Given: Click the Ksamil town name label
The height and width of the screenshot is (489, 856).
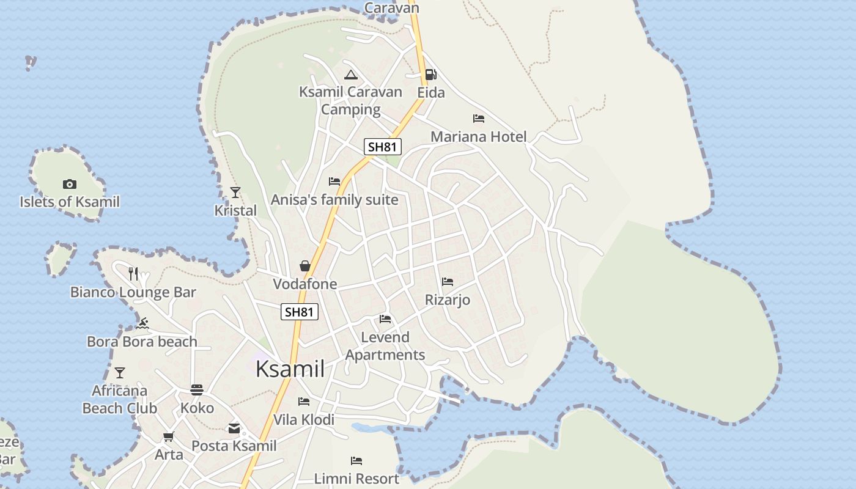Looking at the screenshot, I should pyautogui.click(x=290, y=369).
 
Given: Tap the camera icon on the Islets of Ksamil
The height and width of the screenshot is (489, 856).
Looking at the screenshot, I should pyautogui.click(x=70, y=184).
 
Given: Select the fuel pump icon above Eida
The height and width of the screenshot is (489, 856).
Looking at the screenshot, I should pyautogui.click(x=431, y=75).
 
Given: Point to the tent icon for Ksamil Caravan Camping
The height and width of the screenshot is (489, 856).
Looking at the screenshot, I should pyautogui.click(x=350, y=75).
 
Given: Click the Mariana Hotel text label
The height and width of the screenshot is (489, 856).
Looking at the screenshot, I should pyautogui.click(x=478, y=136).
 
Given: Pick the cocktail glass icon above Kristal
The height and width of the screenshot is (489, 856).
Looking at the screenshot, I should pyautogui.click(x=235, y=193).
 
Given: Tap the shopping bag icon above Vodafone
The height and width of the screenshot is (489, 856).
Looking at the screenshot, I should pyautogui.click(x=304, y=266).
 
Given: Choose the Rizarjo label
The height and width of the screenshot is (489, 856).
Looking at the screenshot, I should pyautogui.click(x=448, y=300).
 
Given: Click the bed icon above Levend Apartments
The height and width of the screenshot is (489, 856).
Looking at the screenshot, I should pyautogui.click(x=385, y=319).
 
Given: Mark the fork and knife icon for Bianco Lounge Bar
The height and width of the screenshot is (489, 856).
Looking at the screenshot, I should pyautogui.click(x=133, y=274).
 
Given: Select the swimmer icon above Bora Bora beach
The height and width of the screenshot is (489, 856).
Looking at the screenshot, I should pyautogui.click(x=142, y=323).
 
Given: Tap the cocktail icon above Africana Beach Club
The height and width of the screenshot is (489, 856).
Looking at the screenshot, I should pyautogui.click(x=120, y=372).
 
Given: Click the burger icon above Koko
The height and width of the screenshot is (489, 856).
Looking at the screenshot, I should pyautogui.click(x=197, y=389).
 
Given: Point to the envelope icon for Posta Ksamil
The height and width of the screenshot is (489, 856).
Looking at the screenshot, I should pyautogui.click(x=234, y=428).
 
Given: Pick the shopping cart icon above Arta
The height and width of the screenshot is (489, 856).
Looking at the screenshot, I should pyautogui.click(x=169, y=436).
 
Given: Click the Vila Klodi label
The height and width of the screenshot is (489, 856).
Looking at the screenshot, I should pyautogui.click(x=304, y=420).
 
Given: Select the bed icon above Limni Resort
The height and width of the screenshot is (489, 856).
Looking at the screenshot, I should pyautogui.click(x=356, y=460).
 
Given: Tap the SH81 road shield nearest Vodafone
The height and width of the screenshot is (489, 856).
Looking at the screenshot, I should pyautogui.click(x=300, y=312).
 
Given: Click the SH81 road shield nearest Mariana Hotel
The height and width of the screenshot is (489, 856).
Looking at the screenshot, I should pyautogui.click(x=383, y=147).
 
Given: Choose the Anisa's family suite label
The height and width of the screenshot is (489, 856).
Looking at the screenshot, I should pyautogui.click(x=334, y=200).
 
